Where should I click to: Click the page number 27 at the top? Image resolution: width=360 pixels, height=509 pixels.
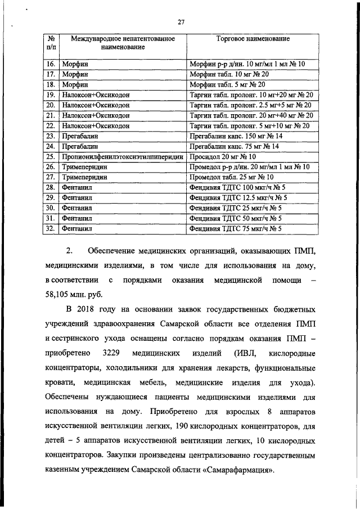181,22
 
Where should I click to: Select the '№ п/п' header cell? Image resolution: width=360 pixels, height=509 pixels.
51,43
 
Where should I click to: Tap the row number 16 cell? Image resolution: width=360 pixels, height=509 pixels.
51,65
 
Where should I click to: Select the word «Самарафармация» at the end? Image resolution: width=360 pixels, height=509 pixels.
239,470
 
